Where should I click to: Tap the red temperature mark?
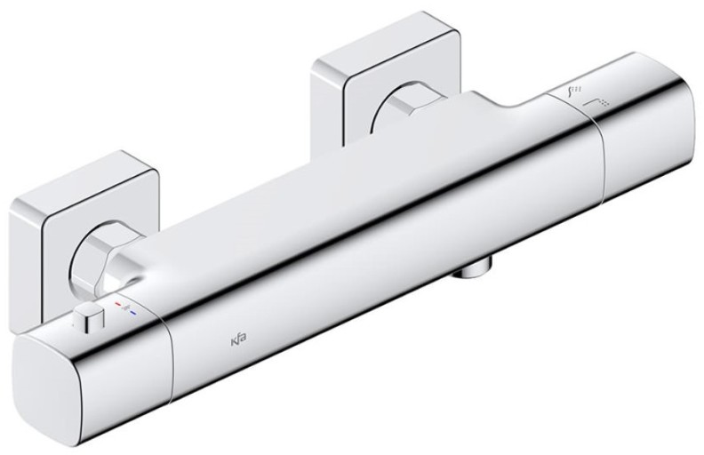point(119,304)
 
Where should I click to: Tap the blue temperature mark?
point(133,310)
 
